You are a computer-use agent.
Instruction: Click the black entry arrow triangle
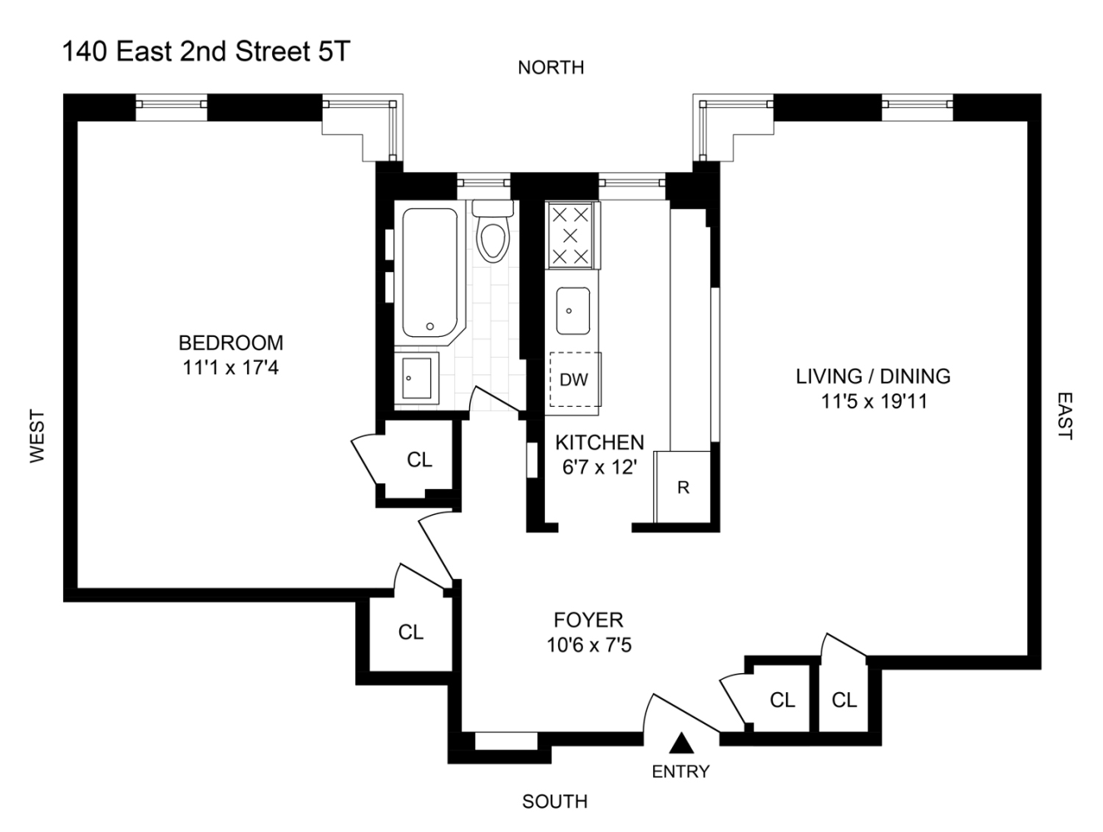[681, 743]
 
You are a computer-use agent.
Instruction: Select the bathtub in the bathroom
[429, 270]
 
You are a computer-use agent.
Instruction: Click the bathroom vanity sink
[416, 378]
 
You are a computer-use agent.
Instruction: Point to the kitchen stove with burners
[571, 236]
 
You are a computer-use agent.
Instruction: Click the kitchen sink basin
[572, 310]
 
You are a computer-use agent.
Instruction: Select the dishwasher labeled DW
[573, 380]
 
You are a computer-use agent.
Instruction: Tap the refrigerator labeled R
[683, 488]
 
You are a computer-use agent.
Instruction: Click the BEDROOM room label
[230, 343]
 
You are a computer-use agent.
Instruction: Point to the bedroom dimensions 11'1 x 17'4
[230, 367]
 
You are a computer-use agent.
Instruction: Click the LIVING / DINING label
[873, 376]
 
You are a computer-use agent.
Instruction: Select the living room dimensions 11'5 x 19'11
[873, 401]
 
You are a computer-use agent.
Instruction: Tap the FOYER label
[588, 620]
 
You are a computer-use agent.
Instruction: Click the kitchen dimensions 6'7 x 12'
[599, 468]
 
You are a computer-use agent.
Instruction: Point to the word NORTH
[551, 67]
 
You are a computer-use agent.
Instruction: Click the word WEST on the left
[37, 435]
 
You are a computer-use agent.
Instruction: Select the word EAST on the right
[1065, 416]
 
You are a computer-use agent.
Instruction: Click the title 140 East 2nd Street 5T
[206, 52]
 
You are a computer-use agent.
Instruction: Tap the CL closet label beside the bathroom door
[419, 459]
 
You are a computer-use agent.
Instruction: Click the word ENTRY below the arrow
[680, 771]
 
